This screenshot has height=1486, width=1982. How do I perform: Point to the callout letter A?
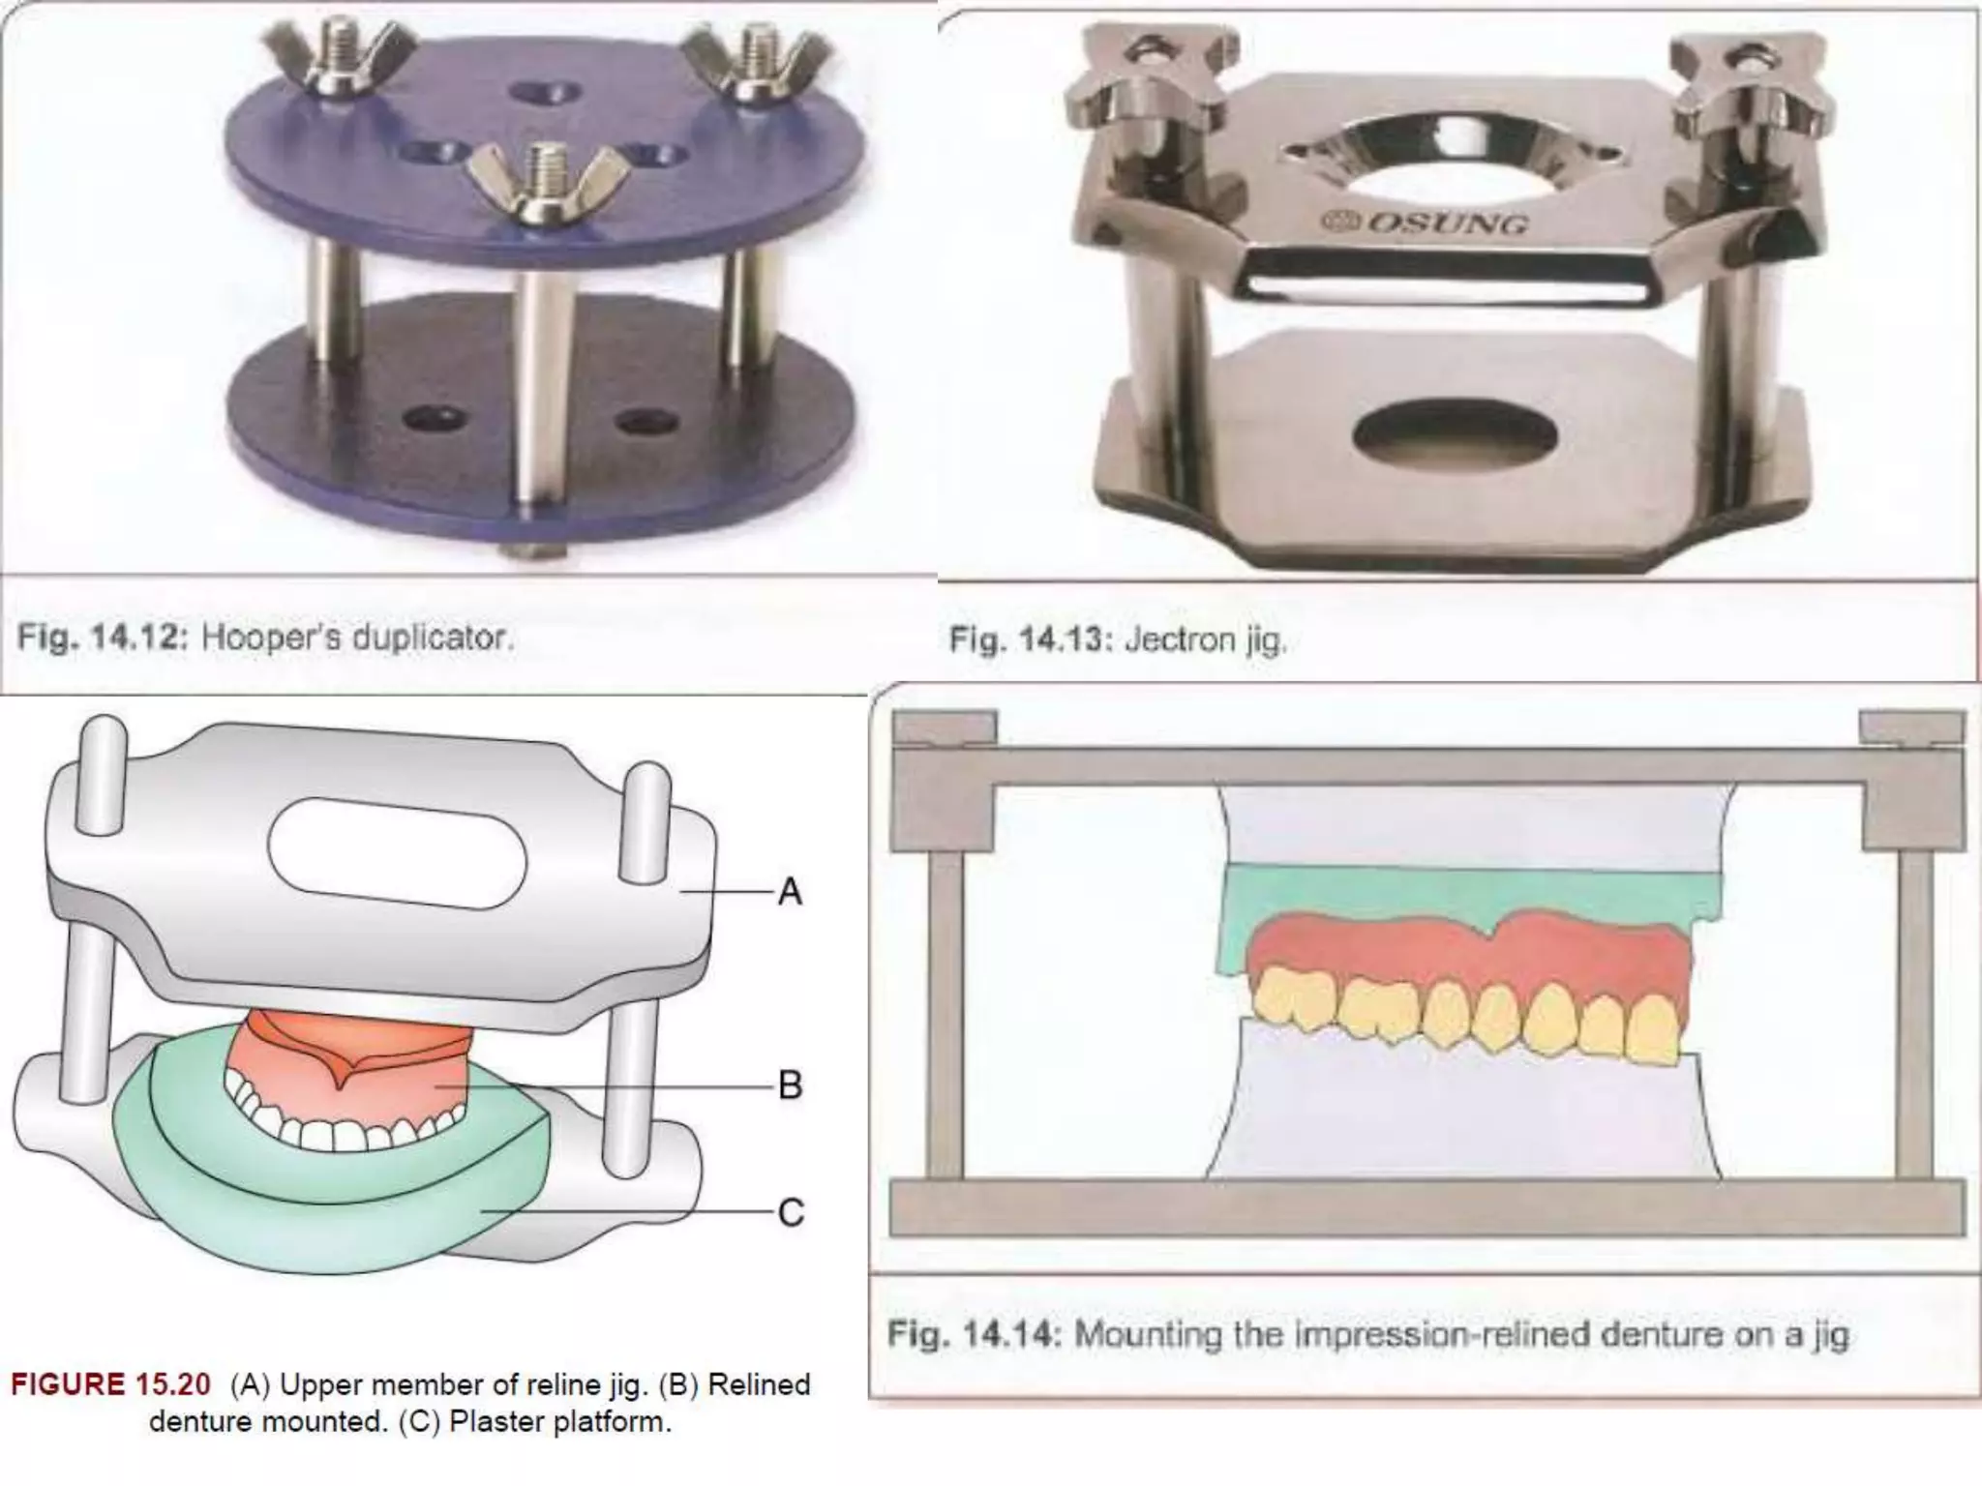point(790,891)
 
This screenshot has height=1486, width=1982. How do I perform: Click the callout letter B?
point(790,1085)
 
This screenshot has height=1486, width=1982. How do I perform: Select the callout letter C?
point(790,1212)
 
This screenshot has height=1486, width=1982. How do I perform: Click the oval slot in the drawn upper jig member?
point(397,852)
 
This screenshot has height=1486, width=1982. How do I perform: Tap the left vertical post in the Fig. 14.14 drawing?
point(944,1011)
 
